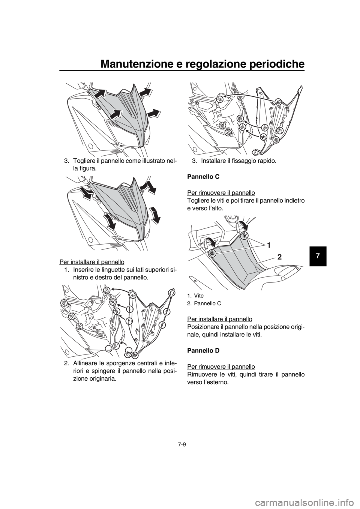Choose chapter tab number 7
[x=317, y=256]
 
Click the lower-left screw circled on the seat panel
[x=212, y=253]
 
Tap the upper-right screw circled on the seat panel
[x=244, y=235]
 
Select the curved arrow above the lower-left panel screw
[x=208, y=242]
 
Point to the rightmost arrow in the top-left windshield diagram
[x=154, y=112]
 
